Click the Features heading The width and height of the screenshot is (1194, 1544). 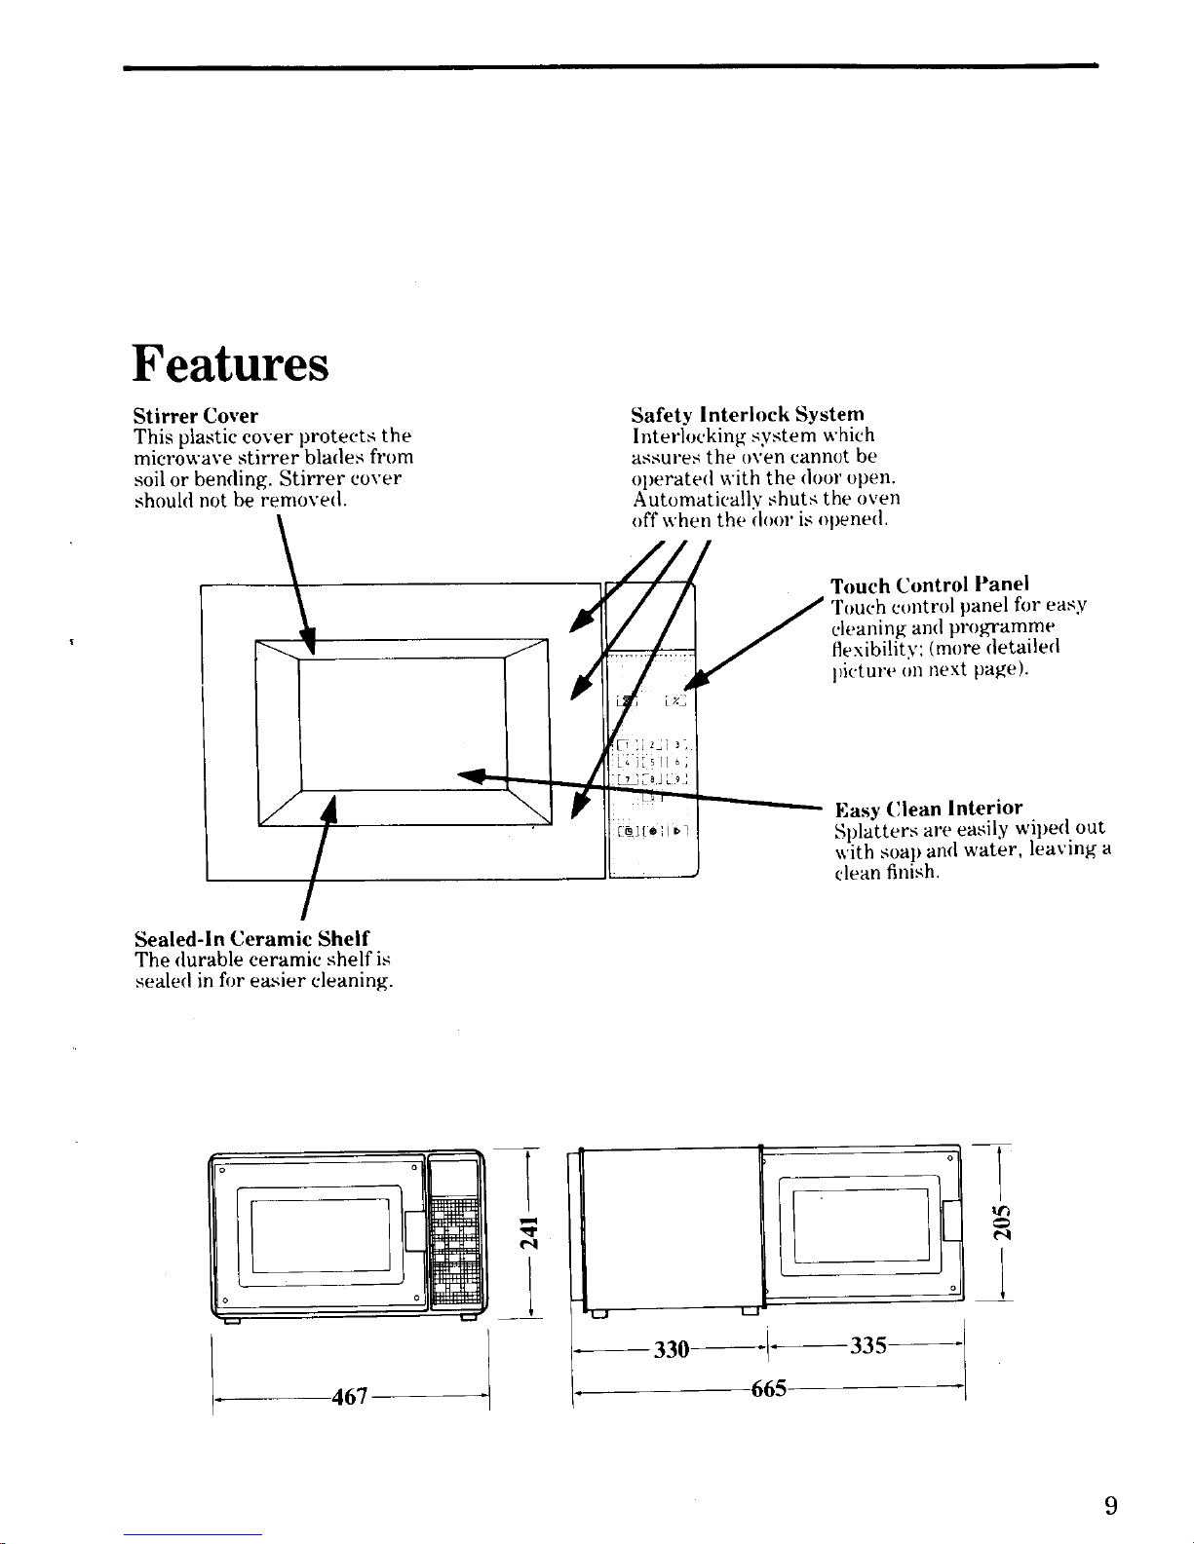point(231,364)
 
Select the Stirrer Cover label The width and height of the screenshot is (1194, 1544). point(195,416)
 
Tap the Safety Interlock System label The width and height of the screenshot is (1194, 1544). point(748,414)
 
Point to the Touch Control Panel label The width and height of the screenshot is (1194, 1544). point(929,584)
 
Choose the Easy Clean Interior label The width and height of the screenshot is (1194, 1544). point(929,809)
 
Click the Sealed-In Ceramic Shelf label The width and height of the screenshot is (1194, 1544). point(250,938)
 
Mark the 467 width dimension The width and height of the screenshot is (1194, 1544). point(350,1397)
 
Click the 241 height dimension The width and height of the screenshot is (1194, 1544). point(527,1232)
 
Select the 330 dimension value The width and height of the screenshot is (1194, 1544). point(672,1349)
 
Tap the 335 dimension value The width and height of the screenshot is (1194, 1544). point(867,1346)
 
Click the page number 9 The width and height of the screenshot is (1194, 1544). point(1110,1507)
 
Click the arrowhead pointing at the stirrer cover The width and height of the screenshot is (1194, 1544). point(309,643)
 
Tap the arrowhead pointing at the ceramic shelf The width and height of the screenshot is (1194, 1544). point(329,808)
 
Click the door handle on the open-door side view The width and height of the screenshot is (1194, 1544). point(952,1221)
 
